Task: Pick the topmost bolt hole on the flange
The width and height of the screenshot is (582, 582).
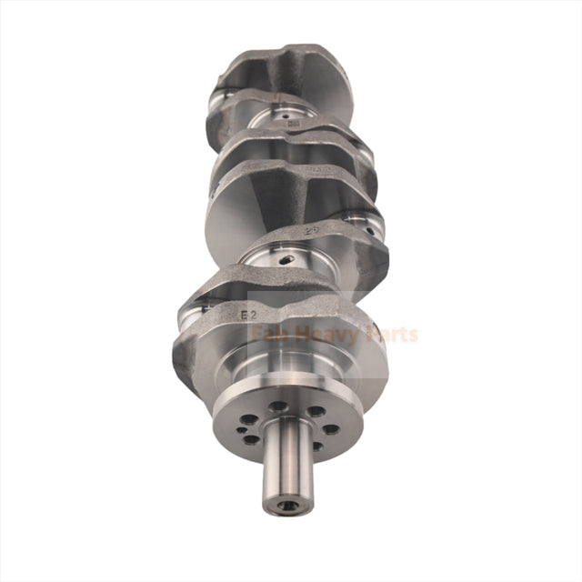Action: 278,406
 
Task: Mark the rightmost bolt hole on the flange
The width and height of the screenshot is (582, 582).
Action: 331,428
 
